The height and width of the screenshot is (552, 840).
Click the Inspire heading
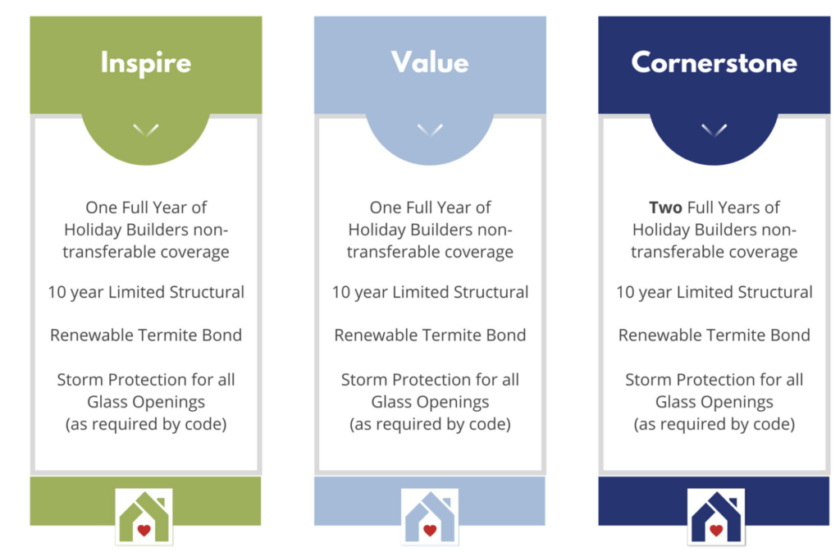coord(146,63)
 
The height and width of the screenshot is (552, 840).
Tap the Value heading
coord(430,62)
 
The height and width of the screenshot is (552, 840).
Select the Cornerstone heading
coord(714,63)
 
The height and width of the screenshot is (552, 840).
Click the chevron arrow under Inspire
coord(146,130)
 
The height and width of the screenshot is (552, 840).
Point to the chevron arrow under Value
coord(430,130)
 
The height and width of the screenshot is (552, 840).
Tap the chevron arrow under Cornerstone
coord(714,130)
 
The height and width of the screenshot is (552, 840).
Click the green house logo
coord(144,517)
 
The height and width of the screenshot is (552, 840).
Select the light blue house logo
coord(429,517)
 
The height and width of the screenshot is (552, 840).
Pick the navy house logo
coord(715,517)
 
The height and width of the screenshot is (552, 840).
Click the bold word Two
coord(665,208)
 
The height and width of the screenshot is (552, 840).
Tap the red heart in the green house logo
coord(144,530)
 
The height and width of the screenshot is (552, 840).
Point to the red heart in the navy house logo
coord(715,530)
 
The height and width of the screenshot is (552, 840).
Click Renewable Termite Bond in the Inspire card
coord(146,335)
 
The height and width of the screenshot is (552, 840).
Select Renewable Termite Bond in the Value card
coord(430,335)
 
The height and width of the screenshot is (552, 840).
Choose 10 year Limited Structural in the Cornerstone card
coord(714,293)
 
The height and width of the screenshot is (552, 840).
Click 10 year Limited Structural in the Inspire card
coord(146,293)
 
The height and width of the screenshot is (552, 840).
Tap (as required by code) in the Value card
coord(430,425)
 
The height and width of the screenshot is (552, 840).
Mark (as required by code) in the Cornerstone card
coord(714,425)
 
